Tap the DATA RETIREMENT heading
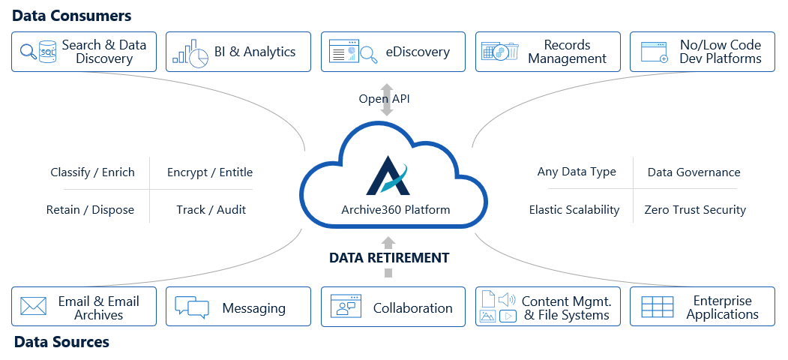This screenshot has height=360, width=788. coord(389,258)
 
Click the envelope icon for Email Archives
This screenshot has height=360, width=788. coord(34,306)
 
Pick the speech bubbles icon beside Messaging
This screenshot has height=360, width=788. coord(191,307)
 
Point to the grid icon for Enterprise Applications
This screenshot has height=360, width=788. coord(658,307)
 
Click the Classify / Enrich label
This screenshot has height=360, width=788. coord(93,172)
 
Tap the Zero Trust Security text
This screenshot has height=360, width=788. coord(695,210)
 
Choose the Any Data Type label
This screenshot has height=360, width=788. coord(577,172)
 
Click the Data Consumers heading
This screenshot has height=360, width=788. coord(72,16)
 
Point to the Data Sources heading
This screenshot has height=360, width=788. coord(61,342)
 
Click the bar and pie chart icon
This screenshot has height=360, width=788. coord(190,52)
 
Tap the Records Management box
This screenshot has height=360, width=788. coord(547,52)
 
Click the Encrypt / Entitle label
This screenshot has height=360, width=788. coord(210,172)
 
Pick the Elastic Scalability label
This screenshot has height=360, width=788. coord(574,210)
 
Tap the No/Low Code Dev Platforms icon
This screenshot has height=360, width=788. coord(655,52)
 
